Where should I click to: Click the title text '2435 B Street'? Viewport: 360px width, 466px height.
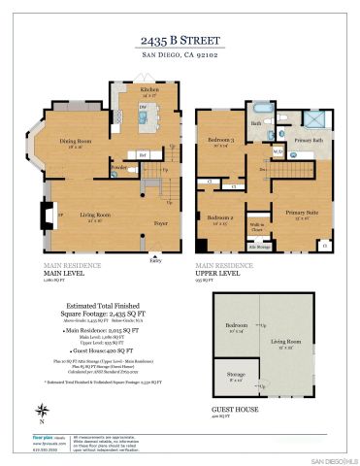[180, 41]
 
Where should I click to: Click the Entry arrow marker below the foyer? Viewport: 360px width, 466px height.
[155, 256]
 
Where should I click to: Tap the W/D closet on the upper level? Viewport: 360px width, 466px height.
[278, 152]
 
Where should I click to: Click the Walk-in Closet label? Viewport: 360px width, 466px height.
[257, 227]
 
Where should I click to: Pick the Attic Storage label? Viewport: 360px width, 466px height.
[257, 247]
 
